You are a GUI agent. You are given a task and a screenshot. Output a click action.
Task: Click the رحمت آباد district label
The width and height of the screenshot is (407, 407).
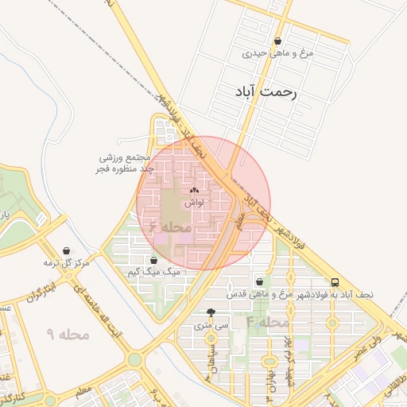click(x=266, y=92)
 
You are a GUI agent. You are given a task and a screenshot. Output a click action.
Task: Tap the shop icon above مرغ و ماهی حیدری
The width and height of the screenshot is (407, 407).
click(x=277, y=41)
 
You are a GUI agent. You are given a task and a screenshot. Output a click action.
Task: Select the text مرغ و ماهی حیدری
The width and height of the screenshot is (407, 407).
click(x=279, y=54)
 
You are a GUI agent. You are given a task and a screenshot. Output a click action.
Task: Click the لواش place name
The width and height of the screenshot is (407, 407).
click(x=195, y=203)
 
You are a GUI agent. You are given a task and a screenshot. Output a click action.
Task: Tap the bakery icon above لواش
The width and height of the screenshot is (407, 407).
click(x=195, y=191)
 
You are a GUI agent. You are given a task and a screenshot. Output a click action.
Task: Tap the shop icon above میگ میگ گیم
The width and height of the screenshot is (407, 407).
click(x=153, y=260)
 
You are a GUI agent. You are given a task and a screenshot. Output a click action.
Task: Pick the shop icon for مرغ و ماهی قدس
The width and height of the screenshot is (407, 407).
click(x=260, y=281)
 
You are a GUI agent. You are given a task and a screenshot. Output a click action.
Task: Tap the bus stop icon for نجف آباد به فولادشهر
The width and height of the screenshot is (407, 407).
click(x=335, y=282)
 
